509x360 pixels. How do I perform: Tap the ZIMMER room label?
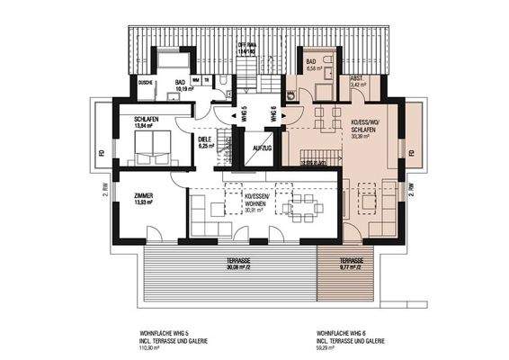(144, 195)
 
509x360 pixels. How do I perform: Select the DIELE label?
(204, 139)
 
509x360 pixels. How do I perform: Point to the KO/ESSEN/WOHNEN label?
(262, 200)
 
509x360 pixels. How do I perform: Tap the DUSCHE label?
(146, 83)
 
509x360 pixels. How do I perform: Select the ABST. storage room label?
(356, 77)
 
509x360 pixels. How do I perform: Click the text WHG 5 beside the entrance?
(242, 114)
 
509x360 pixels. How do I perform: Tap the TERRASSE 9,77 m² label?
(350, 262)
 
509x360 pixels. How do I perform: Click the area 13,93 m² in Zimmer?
(144, 202)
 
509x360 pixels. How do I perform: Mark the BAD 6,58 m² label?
(315, 63)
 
